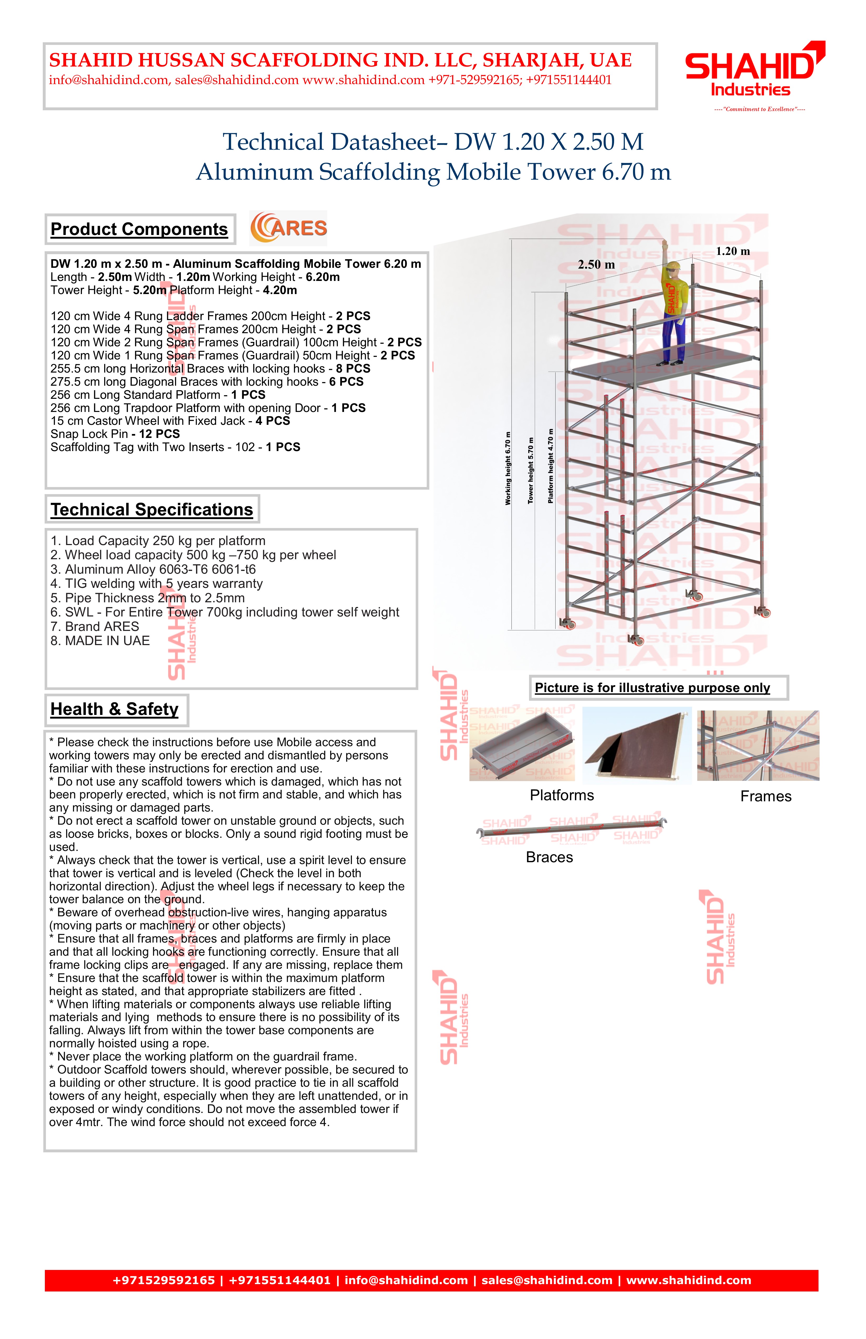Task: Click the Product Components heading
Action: [x=139, y=229]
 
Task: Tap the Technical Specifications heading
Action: [x=152, y=510]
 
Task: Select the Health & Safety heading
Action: [x=115, y=709]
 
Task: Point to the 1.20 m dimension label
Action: [x=733, y=252]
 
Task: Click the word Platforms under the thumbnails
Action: [x=562, y=796]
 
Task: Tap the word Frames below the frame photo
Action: [x=765, y=797]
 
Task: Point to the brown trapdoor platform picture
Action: [x=637, y=745]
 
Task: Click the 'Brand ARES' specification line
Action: [x=94, y=627]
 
